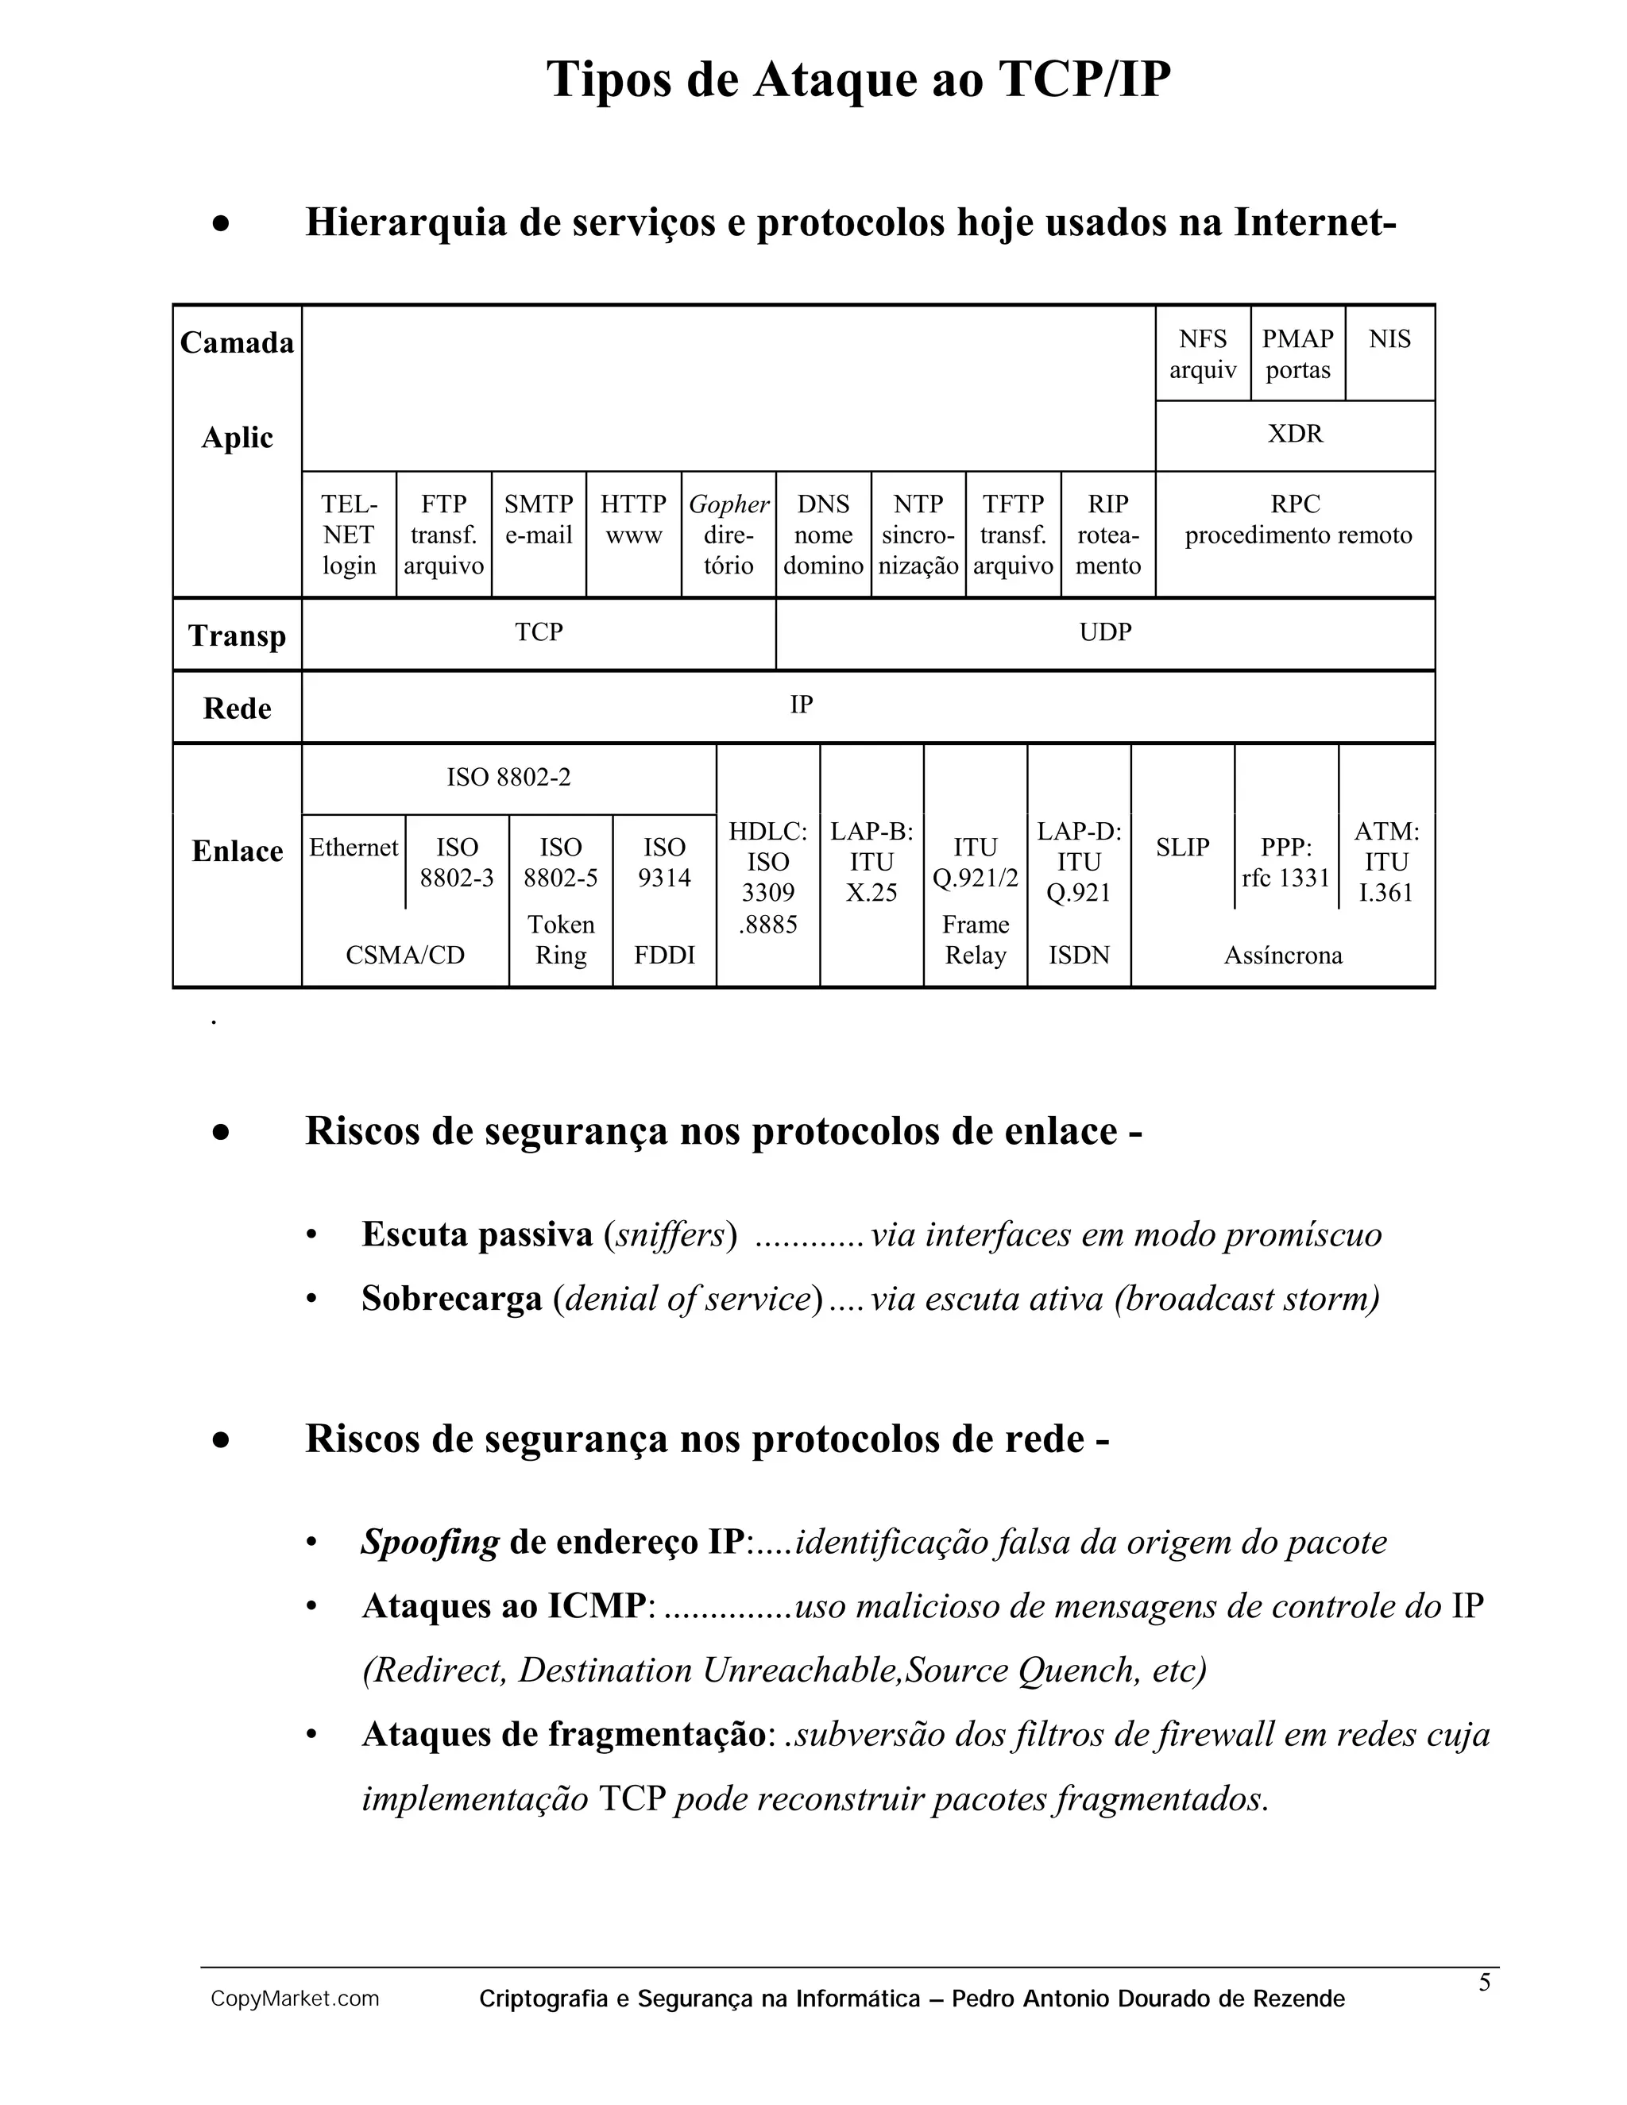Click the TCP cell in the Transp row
click(538, 632)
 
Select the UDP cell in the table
click(1104, 632)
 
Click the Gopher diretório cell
click(728, 534)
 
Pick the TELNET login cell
click(349, 534)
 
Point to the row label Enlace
click(237, 851)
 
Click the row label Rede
click(237, 709)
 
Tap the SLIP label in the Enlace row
click(1183, 848)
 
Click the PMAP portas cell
click(1297, 353)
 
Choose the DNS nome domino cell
click(823, 534)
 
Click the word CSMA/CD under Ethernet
click(405, 955)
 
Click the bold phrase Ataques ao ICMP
click(502, 1605)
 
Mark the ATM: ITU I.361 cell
click(1386, 862)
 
